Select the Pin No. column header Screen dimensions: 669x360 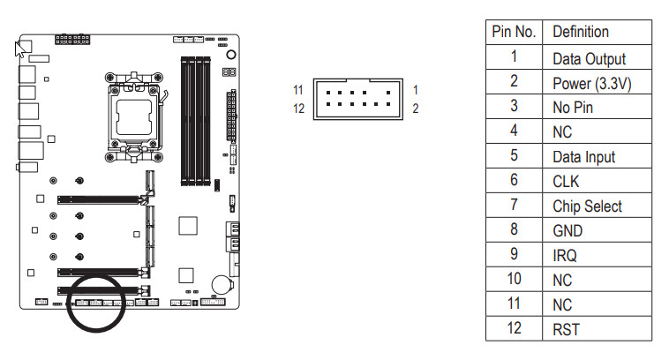tap(514, 32)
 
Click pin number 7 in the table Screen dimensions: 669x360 tap(514, 206)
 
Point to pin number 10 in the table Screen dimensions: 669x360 tap(514, 280)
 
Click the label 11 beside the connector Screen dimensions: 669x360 tap(298, 90)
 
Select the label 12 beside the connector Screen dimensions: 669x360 tap(298, 109)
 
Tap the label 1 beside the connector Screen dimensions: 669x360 tap(415, 90)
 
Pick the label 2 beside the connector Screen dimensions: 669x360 tap(416, 109)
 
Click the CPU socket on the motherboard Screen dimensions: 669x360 tap(134, 117)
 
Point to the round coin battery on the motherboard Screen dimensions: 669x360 tap(222, 284)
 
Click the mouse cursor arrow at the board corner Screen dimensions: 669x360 tap(19, 49)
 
